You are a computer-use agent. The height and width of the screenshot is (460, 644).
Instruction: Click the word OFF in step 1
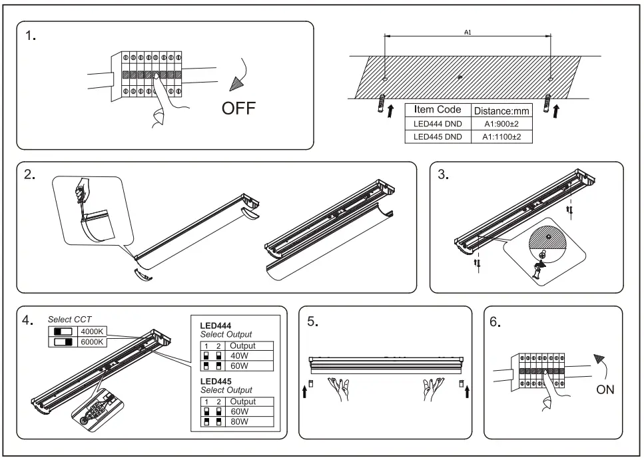click(238, 109)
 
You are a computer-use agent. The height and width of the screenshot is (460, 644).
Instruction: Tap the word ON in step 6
click(605, 389)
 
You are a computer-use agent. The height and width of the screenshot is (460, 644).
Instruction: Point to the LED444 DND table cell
click(438, 124)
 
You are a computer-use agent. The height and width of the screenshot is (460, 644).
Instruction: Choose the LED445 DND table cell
click(438, 136)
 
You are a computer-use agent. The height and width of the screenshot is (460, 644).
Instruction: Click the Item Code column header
click(438, 110)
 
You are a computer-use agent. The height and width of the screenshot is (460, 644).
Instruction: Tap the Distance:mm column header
click(501, 111)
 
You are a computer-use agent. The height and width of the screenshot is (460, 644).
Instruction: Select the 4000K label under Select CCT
click(92, 331)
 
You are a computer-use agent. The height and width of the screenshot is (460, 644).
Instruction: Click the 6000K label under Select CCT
click(92, 342)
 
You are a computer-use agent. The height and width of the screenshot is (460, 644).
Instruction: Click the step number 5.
click(312, 322)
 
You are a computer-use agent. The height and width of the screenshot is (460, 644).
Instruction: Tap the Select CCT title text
click(70, 320)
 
